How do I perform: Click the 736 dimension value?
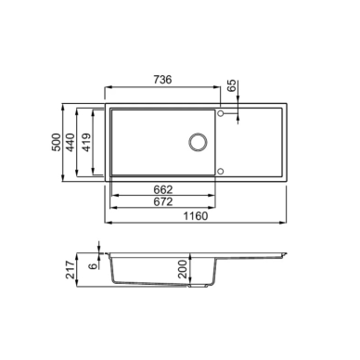click(162, 80)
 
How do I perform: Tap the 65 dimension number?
click(232, 85)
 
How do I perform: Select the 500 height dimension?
click(57, 142)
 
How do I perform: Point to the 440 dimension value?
click(71, 142)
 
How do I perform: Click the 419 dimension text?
click(87, 142)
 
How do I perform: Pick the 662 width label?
click(163, 189)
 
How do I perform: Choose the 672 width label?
click(163, 201)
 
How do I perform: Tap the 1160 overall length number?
click(196, 216)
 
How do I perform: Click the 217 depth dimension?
click(71, 270)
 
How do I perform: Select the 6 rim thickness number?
click(93, 265)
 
